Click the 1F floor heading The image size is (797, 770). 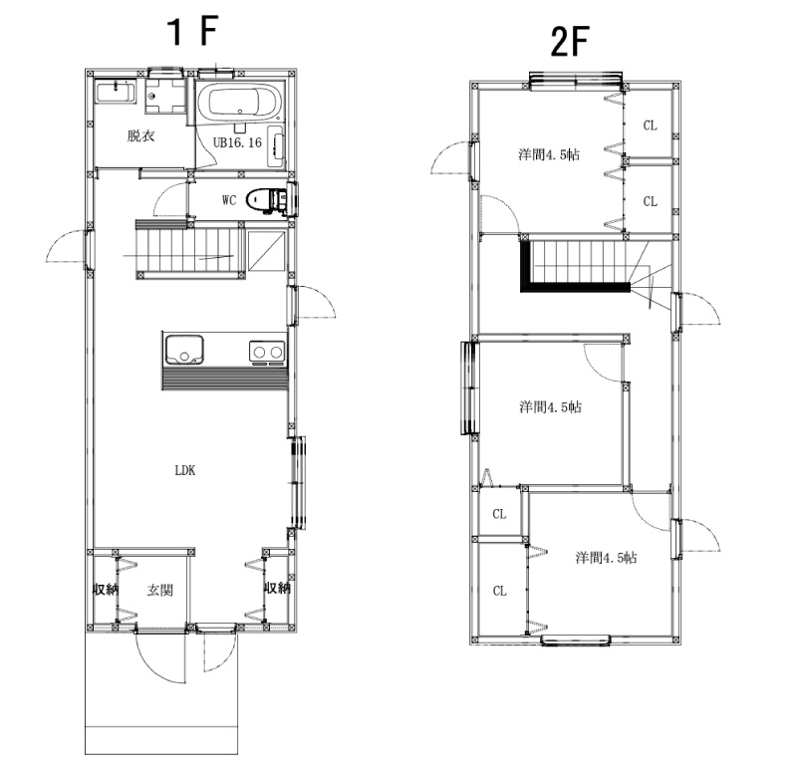tap(193, 32)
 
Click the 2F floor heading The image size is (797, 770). tap(569, 42)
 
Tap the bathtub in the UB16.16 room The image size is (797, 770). tap(238, 102)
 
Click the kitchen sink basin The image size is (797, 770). tap(183, 350)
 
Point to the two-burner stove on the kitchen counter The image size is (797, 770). tap(267, 353)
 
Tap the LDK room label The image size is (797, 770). tap(185, 470)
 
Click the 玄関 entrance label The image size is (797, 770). tap(160, 590)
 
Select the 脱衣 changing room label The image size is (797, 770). tap(140, 135)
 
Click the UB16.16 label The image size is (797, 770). tap(237, 142)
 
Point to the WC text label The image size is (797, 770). tap(229, 200)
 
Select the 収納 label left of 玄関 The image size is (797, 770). tap(106, 589)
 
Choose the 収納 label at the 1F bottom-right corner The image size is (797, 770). tap(277, 588)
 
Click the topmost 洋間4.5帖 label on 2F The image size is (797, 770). tap(549, 154)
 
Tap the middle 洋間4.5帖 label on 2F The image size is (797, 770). tap(551, 406)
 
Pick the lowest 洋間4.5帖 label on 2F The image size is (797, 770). tap(606, 558)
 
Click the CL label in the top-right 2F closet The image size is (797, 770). tap(651, 126)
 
